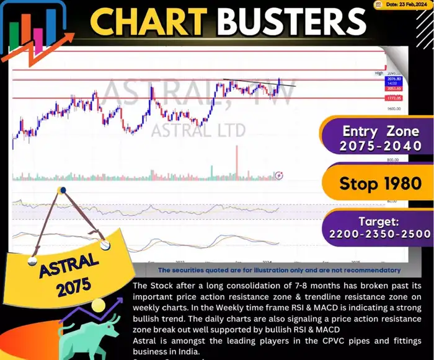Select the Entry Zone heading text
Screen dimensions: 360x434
[379, 131]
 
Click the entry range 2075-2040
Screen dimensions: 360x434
[379, 147]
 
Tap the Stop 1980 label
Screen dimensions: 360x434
[379, 183]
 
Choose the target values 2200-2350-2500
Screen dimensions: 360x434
[379, 234]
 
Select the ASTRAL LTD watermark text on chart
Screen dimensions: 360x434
[198, 130]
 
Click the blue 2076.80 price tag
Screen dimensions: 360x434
[394, 79]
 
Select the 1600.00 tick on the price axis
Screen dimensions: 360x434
[394, 108]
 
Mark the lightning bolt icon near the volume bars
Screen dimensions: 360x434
[280, 175]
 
